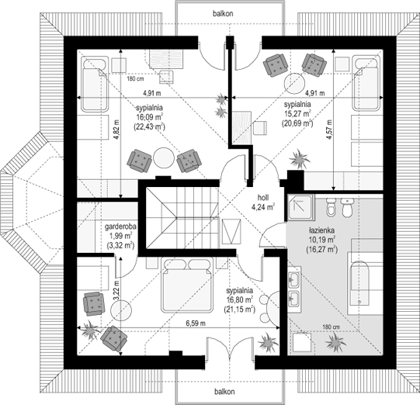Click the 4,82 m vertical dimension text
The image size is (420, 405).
(x=115, y=128)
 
